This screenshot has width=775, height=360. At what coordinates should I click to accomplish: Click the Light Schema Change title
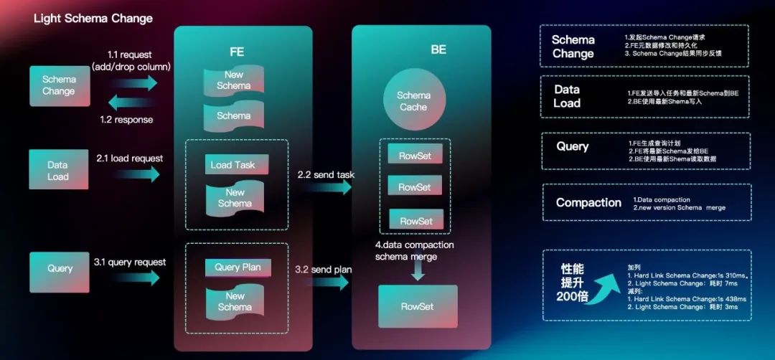[93, 18]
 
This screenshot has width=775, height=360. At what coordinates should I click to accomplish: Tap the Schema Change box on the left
[58, 85]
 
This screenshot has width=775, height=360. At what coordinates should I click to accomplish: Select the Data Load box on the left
[58, 171]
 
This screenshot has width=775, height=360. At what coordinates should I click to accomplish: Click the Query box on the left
[60, 268]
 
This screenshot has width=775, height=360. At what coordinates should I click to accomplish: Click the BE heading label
[438, 49]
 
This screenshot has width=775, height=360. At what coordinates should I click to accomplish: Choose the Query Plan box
[238, 267]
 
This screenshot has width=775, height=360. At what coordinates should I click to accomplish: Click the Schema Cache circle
[413, 101]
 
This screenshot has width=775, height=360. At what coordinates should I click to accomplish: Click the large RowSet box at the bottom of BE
[417, 306]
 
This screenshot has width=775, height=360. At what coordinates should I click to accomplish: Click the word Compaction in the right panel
[588, 202]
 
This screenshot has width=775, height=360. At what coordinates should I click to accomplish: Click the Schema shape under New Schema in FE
[234, 116]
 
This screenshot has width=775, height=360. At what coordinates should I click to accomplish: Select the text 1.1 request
[130, 55]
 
